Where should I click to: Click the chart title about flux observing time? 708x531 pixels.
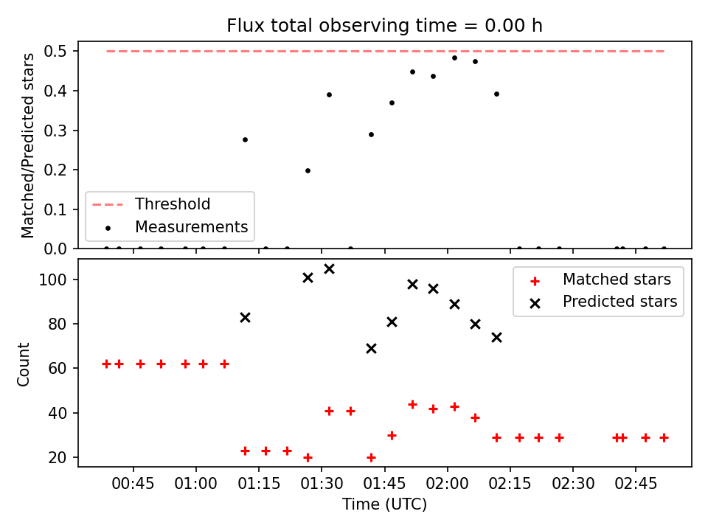tap(384, 26)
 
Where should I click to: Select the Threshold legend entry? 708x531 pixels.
tap(150, 204)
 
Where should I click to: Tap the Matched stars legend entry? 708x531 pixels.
tap(600, 280)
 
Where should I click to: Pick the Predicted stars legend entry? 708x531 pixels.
tap(603, 302)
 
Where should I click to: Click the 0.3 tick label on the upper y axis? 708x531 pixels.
tap(55, 131)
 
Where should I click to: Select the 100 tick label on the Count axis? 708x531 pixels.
tap(53, 280)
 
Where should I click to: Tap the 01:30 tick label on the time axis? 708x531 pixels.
tap(322, 484)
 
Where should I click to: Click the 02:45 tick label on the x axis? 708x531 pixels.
tap(636, 484)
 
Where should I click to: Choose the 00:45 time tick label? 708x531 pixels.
tap(133, 484)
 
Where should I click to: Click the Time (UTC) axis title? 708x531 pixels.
tap(385, 504)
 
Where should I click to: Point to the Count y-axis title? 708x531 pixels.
tap(23, 364)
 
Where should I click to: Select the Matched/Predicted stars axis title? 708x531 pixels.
tap(27, 145)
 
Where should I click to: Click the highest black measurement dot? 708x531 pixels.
tap(455, 58)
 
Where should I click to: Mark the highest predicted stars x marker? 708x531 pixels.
tap(329, 269)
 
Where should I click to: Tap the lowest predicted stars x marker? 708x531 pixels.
tap(371, 349)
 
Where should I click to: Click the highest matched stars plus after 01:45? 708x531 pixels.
tap(412, 405)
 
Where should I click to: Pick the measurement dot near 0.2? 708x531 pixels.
tap(308, 170)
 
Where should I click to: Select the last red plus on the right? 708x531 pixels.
tap(664, 437)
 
